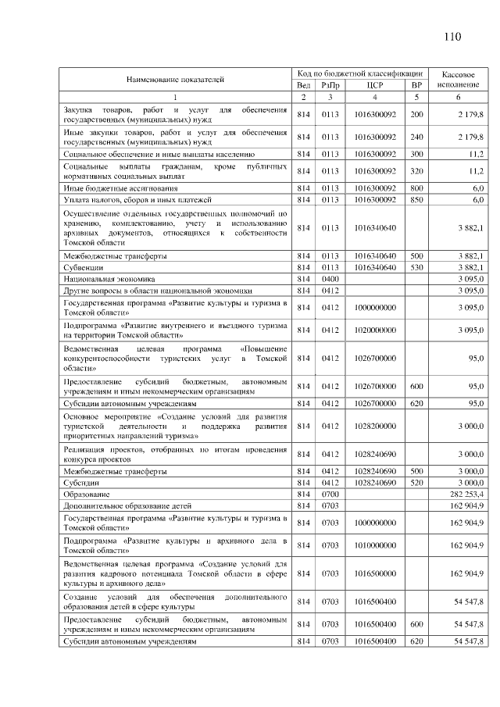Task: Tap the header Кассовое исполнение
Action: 459,79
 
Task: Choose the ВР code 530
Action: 416,267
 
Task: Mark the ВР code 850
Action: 416,200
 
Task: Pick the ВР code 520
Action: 416,484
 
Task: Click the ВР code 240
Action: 416,137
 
